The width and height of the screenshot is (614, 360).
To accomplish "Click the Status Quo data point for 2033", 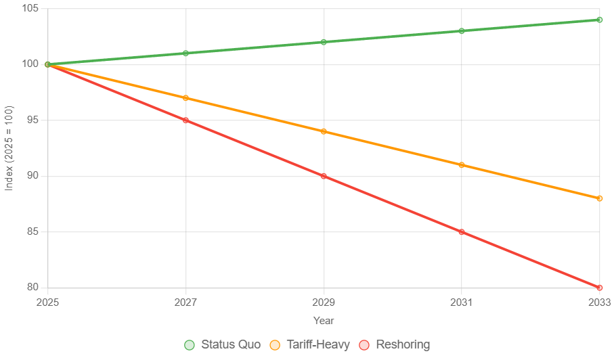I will tap(600, 20).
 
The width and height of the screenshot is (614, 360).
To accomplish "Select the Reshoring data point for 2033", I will tap(600, 288).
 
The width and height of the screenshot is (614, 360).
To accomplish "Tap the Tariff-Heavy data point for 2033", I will tap(600, 198).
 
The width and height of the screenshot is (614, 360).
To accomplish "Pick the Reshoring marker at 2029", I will tap(324, 176).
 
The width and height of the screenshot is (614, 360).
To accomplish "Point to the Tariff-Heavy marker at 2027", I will tap(185, 98).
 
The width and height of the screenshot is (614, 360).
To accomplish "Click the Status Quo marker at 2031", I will tap(462, 30).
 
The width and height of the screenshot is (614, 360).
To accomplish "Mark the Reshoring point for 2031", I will tap(462, 231).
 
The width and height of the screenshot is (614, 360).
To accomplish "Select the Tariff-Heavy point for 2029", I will tap(324, 131).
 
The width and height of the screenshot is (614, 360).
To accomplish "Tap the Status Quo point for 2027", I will tap(185, 53).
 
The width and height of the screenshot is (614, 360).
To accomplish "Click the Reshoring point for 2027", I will tap(185, 120).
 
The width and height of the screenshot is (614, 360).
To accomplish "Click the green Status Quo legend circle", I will tap(190, 344).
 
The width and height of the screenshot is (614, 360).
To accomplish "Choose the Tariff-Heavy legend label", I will tap(318, 344).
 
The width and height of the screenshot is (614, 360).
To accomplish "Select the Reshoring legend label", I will tap(402, 344).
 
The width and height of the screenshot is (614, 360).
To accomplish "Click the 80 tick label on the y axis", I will tap(31, 287).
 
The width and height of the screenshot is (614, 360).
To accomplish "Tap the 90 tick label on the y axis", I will tap(31, 175).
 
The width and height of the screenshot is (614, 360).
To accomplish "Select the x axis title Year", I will tap(324, 321).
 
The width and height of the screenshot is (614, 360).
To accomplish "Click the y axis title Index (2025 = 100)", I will tap(9, 148).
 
